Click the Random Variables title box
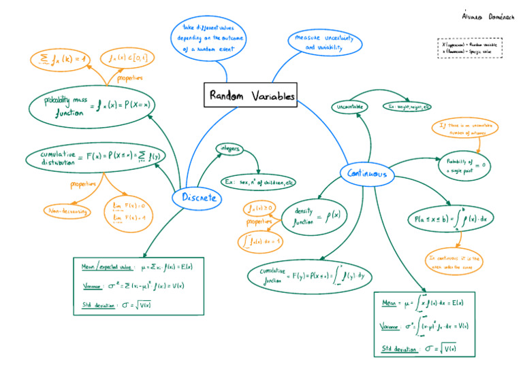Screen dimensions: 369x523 pyautogui.click(x=252, y=96)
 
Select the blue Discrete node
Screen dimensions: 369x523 pyautogui.click(x=199, y=198)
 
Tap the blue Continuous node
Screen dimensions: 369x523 pyautogui.click(x=367, y=174)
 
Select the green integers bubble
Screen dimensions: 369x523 pyautogui.click(x=227, y=148)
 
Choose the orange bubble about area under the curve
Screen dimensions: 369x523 pyautogui.click(x=454, y=262)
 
